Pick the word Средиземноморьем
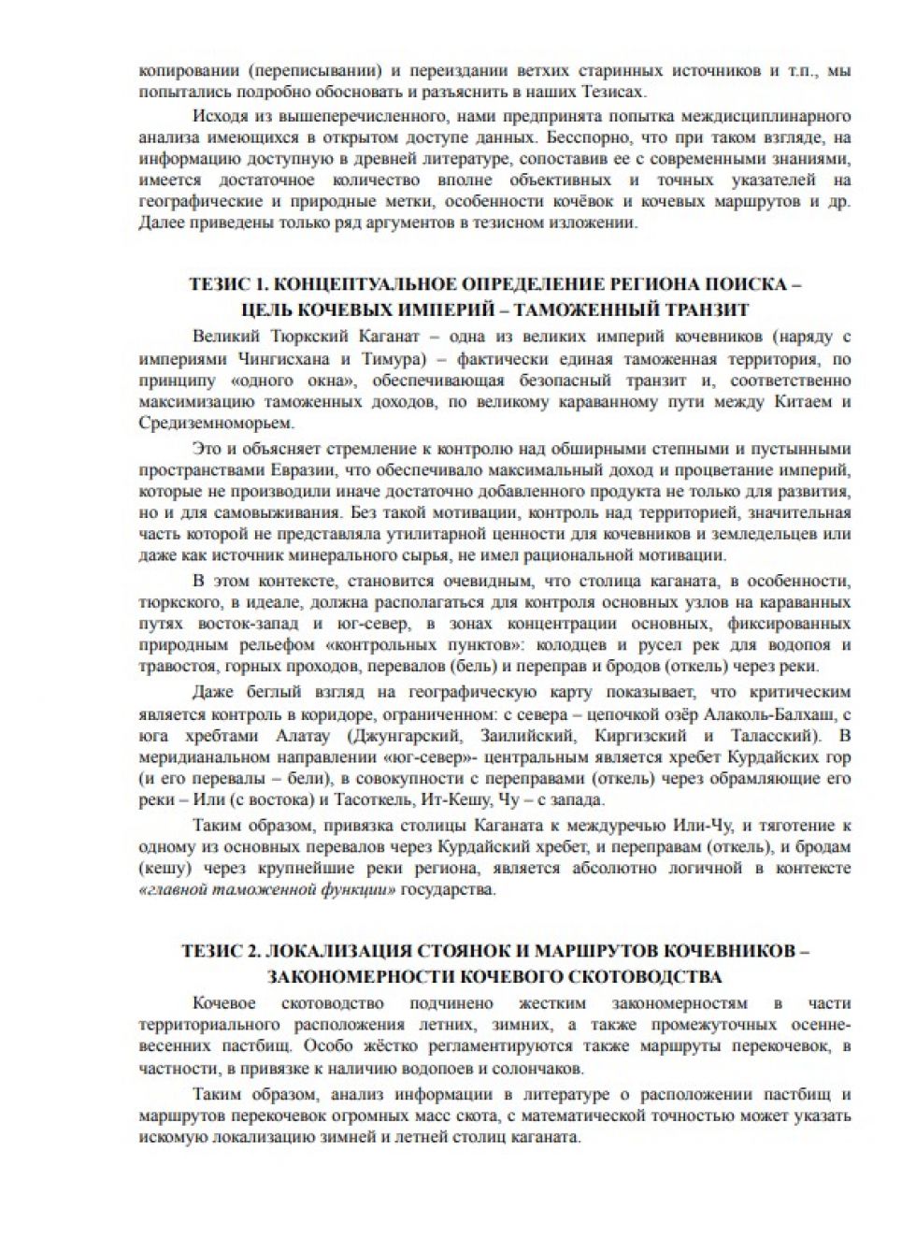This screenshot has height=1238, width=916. [203, 425]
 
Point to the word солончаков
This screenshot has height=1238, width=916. [537, 1068]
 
